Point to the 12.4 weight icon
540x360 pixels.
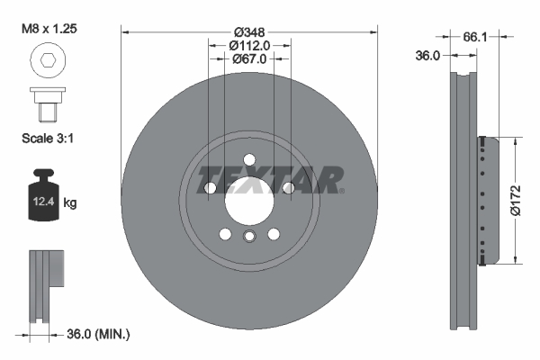click(x=43, y=196)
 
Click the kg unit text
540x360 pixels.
click(x=70, y=203)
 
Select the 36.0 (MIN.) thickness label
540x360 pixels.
click(x=100, y=334)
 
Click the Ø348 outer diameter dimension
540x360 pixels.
click(x=248, y=31)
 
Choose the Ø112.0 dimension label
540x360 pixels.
click(x=248, y=45)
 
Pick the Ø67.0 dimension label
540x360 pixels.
click(x=248, y=58)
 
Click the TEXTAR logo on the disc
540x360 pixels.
click(x=269, y=179)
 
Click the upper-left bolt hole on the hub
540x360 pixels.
click(x=210, y=187)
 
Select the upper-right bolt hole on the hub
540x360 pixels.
click(x=288, y=187)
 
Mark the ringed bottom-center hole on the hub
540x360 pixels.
click(x=248, y=236)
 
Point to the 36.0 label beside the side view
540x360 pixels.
click(x=427, y=55)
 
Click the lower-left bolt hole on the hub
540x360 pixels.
click(x=224, y=234)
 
